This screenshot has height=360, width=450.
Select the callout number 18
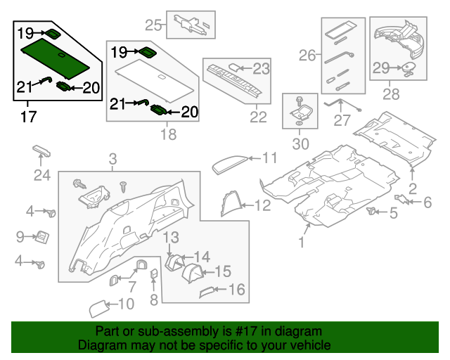click(168, 134)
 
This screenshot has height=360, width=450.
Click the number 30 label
click(300, 144)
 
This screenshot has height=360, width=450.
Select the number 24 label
click(42, 174)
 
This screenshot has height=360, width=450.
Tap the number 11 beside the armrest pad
click(271, 157)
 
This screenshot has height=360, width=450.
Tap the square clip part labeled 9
click(41, 237)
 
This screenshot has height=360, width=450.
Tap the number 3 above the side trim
click(113, 161)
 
